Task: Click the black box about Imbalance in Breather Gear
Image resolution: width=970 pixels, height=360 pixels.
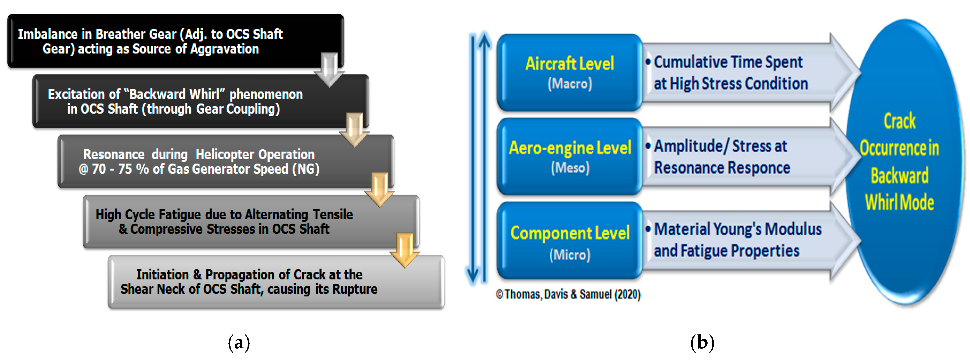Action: (150, 41)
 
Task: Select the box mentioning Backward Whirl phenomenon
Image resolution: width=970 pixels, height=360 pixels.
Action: (175, 102)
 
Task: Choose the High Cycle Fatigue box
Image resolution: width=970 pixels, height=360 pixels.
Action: (224, 222)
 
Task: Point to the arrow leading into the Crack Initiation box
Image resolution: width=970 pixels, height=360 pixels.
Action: (404, 250)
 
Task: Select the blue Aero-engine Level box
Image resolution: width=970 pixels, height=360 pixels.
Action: (569, 156)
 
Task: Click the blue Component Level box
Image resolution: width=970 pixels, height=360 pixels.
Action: (569, 241)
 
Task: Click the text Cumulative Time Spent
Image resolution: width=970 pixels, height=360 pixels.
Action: (728, 62)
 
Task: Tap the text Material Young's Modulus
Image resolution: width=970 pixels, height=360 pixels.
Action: (738, 229)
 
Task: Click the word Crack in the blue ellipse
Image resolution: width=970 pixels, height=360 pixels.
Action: (900, 121)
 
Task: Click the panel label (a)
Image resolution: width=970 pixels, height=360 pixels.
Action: (239, 343)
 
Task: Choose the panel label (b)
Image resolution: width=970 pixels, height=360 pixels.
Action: (702, 343)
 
